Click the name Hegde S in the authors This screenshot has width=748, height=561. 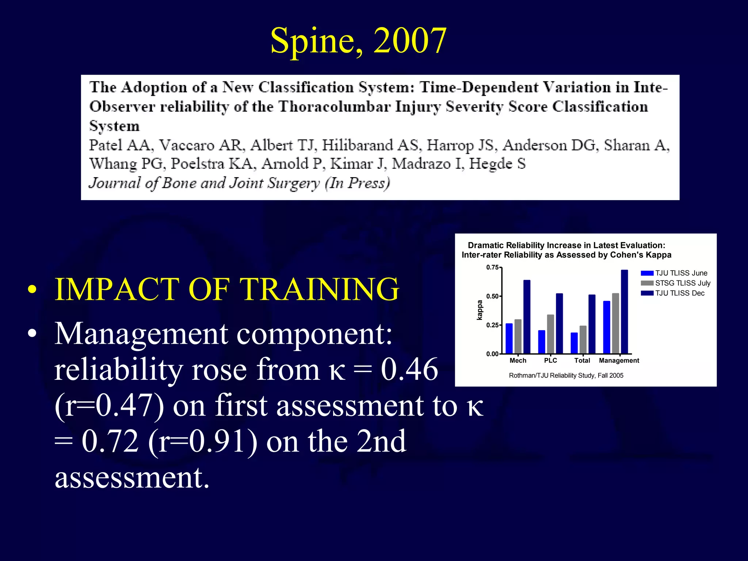pyautogui.click(x=497, y=164)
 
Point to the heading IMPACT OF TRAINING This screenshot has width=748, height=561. pyautogui.click(x=226, y=289)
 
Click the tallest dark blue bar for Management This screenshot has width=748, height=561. pyautogui.click(x=624, y=312)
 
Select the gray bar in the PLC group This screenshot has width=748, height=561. pyautogui.click(x=550, y=334)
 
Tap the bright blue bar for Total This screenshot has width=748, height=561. pyautogui.click(x=574, y=343)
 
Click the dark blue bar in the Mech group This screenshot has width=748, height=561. pyautogui.click(x=527, y=317)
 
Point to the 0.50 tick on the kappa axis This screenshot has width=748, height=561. pyautogui.click(x=492, y=296)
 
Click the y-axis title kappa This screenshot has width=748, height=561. pyautogui.click(x=480, y=310)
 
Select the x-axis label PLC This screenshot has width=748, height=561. pyautogui.click(x=550, y=360)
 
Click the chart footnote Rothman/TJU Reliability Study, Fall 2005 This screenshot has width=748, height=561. pyautogui.click(x=566, y=375)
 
